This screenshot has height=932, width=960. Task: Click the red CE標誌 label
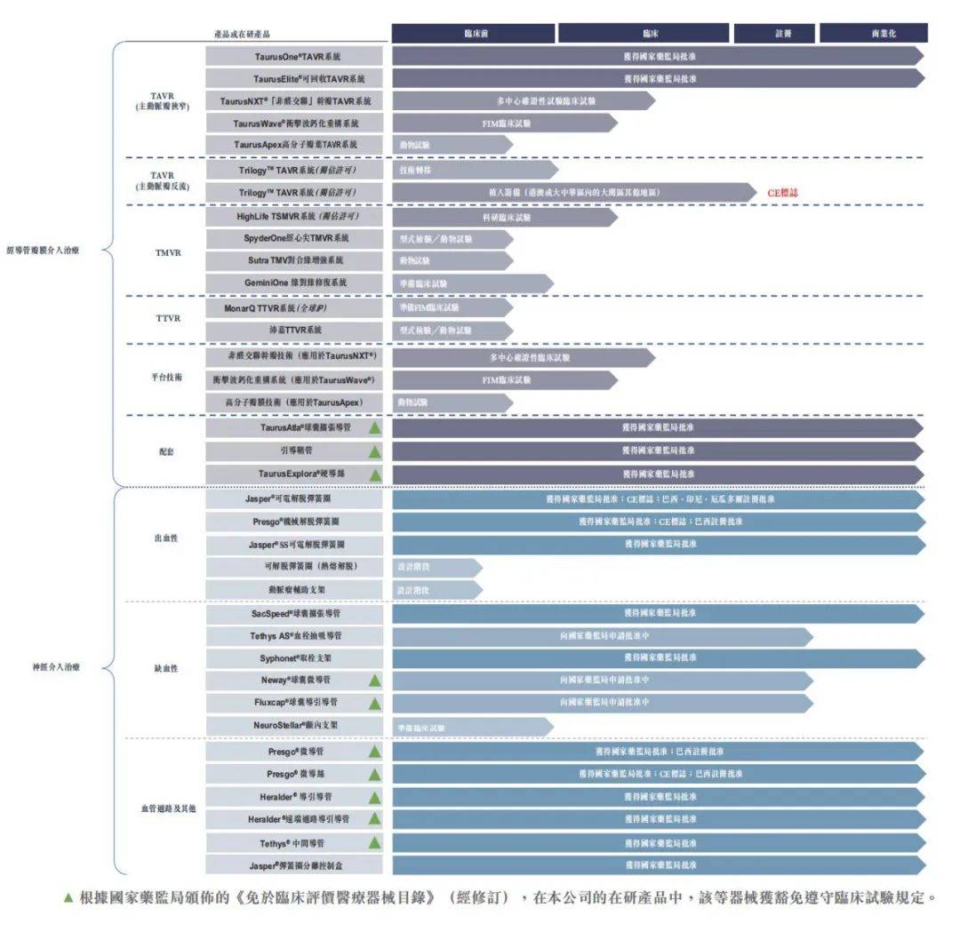pos(783,192)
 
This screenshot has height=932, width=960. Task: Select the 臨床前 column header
pos(474,33)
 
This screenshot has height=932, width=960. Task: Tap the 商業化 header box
pos(873,33)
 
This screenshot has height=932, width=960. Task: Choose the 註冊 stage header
pos(774,33)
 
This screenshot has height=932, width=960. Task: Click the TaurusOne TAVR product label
pos(295,56)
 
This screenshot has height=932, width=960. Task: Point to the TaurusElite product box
pos(295,79)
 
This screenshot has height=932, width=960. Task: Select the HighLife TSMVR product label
pos(295,216)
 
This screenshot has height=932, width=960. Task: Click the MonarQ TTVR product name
pos(295,307)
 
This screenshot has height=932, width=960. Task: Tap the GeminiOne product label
pos(295,283)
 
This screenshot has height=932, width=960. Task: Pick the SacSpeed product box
pos(295,613)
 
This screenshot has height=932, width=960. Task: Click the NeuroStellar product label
pos(295,725)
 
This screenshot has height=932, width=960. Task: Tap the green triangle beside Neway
pos(375,680)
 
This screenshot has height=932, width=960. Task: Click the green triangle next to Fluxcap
pos(375,703)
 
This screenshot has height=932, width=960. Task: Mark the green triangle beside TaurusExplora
pos(375,474)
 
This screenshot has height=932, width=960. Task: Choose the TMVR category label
pos(168,252)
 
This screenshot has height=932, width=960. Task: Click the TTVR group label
pos(168,317)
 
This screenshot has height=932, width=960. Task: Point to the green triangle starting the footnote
pos(68,898)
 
